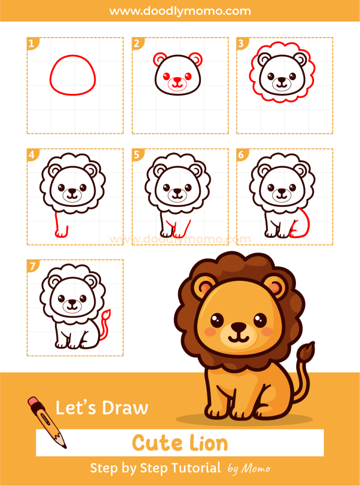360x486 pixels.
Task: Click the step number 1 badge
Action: (x=31, y=44)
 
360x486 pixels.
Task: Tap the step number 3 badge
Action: (x=241, y=44)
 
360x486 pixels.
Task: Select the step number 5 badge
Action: (x=137, y=155)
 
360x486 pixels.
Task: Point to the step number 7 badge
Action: (x=32, y=266)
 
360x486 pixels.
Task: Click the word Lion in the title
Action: (x=206, y=443)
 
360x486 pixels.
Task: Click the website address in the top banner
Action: (x=180, y=10)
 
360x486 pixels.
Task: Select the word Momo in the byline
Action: (x=256, y=469)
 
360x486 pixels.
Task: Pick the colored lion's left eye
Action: (x=217, y=319)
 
